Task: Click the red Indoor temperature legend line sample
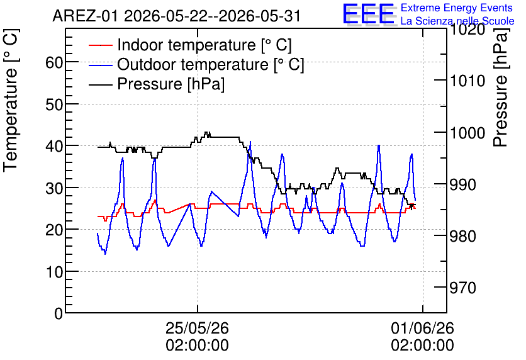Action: (x=101, y=45)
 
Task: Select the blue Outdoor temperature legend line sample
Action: (x=101, y=65)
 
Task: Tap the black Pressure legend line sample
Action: (x=101, y=84)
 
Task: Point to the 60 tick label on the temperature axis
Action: (x=54, y=62)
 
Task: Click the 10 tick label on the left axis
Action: (x=54, y=272)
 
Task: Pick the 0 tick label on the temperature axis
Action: (x=59, y=313)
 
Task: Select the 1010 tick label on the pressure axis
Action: (x=467, y=81)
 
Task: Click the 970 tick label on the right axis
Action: (x=462, y=288)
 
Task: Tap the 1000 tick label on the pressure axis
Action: (x=467, y=133)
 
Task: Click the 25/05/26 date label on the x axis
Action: (x=198, y=328)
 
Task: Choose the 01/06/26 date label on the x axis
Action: (x=422, y=328)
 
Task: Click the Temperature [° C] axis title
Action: (x=11, y=100)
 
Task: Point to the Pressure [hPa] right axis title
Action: (x=500, y=87)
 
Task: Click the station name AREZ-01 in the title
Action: (x=85, y=16)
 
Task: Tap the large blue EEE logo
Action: (x=369, y=14)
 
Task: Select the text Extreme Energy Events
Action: (x=457, y=8)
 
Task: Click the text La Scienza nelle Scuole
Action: (x=457, y=21)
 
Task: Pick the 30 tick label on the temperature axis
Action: (x=54, y=188)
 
